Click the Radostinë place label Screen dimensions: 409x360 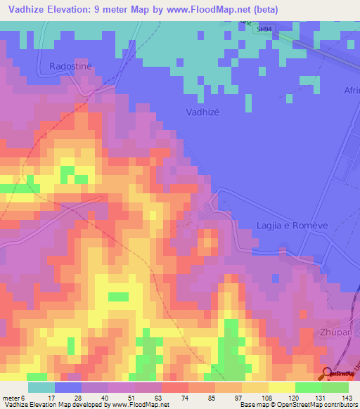click(71, 66)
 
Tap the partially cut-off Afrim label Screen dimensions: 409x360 click(351, 90)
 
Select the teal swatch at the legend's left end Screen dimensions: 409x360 click(41, 387)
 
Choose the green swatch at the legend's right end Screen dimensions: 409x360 click(335, 387)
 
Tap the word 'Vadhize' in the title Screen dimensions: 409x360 click(32, 10)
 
